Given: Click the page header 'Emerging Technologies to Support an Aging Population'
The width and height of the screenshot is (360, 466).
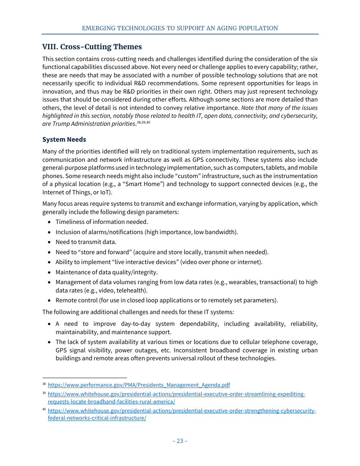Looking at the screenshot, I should [x=180, y=28].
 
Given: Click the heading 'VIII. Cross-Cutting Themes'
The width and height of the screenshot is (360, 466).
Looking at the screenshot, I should [x=92, y=47].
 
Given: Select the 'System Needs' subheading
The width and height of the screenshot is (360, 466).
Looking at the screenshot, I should [x=64, y=139].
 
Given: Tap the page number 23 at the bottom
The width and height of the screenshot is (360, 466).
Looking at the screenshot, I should [x=180, y=441].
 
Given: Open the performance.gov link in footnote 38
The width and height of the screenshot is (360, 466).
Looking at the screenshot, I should [x=139, y=385].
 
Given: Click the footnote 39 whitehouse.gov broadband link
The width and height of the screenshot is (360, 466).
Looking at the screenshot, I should [x=176, y=394].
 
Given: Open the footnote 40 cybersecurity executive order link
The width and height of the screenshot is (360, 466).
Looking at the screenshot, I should [x=182, y=411].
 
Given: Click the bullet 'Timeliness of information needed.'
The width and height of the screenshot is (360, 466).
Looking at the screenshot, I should [x=102, y=222].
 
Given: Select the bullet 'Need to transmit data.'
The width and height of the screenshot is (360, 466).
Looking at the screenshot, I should [x=86, y=242].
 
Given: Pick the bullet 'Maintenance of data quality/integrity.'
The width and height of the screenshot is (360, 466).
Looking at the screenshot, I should [x=106, y=272].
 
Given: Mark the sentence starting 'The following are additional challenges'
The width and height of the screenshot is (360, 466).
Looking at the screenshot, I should [x=138, y=312].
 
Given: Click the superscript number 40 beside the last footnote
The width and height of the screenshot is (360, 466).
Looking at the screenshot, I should [x=44, y=410].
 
